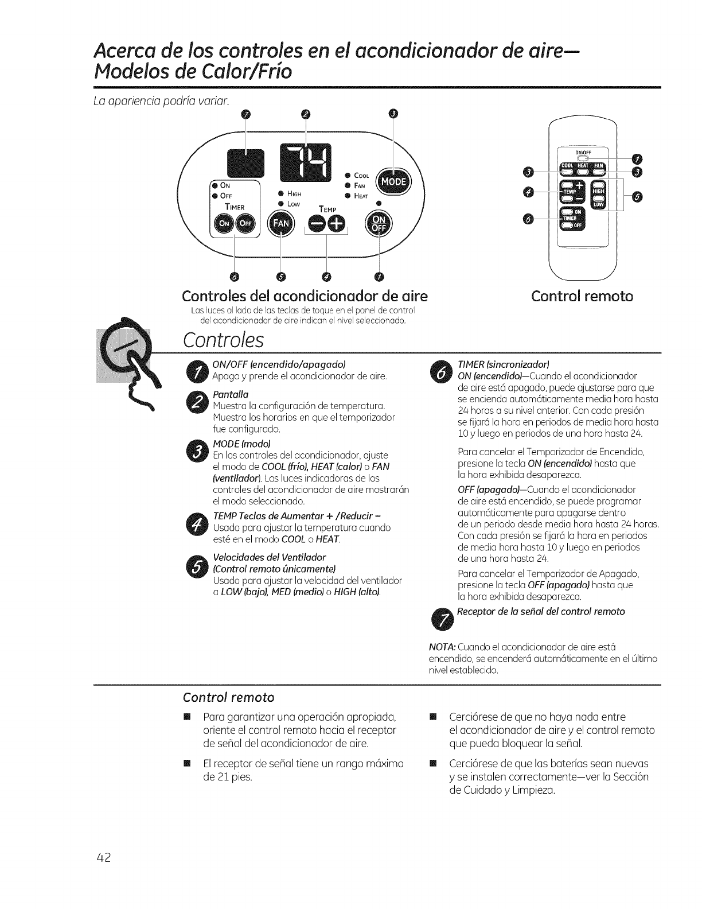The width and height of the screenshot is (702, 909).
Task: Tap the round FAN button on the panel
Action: pos(280,222)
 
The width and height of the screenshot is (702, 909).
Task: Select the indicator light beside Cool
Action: pos(348,175)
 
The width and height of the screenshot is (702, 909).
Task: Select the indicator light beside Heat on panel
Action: pos(348,195)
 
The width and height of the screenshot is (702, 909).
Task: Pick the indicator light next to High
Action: pos(280,193)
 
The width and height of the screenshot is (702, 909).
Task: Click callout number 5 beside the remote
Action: pos(638,197)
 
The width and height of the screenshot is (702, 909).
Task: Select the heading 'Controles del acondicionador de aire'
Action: pos(305,296)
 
